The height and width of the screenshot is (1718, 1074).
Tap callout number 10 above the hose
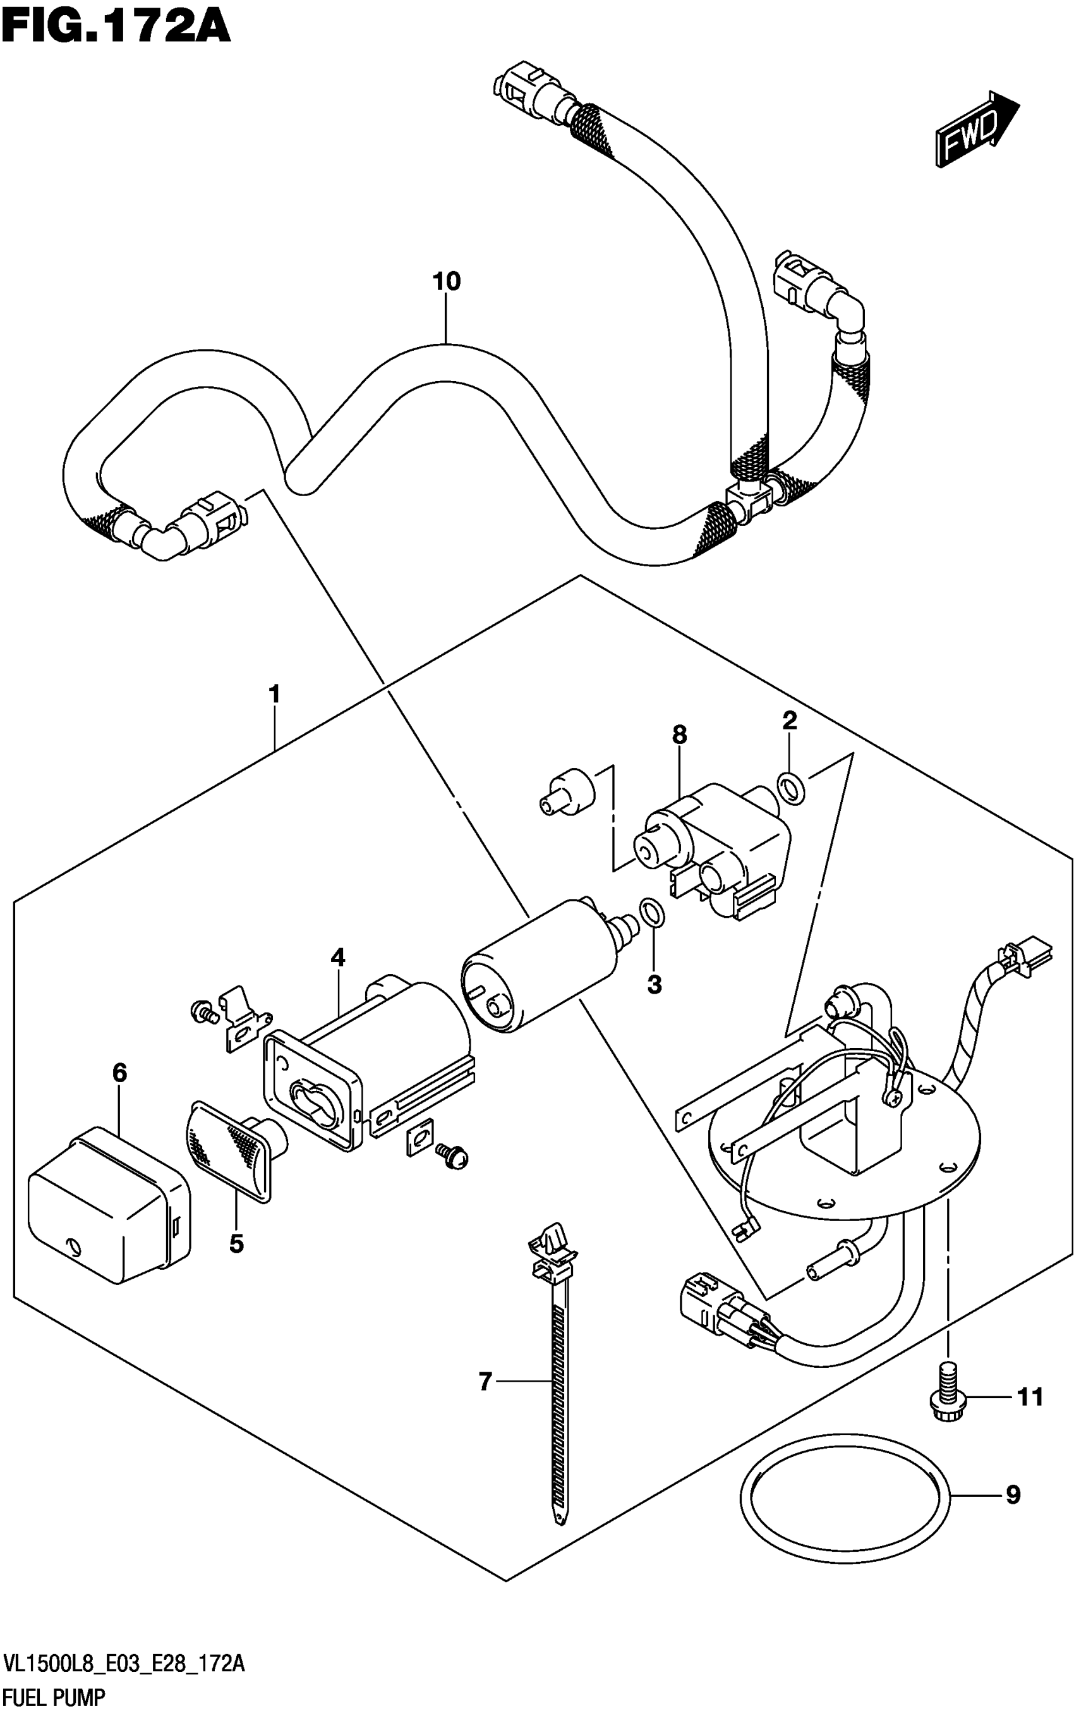coord(447,282)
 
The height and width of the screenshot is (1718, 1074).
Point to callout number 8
coord(680,734)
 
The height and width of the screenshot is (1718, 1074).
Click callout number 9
coord(1013,1496)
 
